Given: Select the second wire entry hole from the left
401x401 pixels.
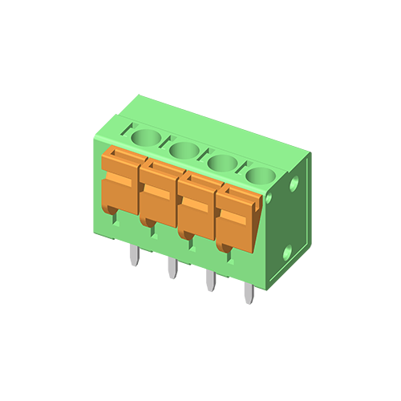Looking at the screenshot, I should (184, 148).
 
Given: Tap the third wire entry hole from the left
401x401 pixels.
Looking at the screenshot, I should (221, 161).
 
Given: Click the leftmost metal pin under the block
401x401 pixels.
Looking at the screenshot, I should (134, 256).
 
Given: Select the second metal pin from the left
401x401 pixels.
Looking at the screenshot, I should (172, 269).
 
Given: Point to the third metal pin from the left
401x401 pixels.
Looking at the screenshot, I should (210, 281).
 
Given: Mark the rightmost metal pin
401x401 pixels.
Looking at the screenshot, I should (249, 294).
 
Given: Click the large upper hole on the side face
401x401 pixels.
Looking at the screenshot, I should (295, 184).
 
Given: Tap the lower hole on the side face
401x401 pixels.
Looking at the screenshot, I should (288, 253).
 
